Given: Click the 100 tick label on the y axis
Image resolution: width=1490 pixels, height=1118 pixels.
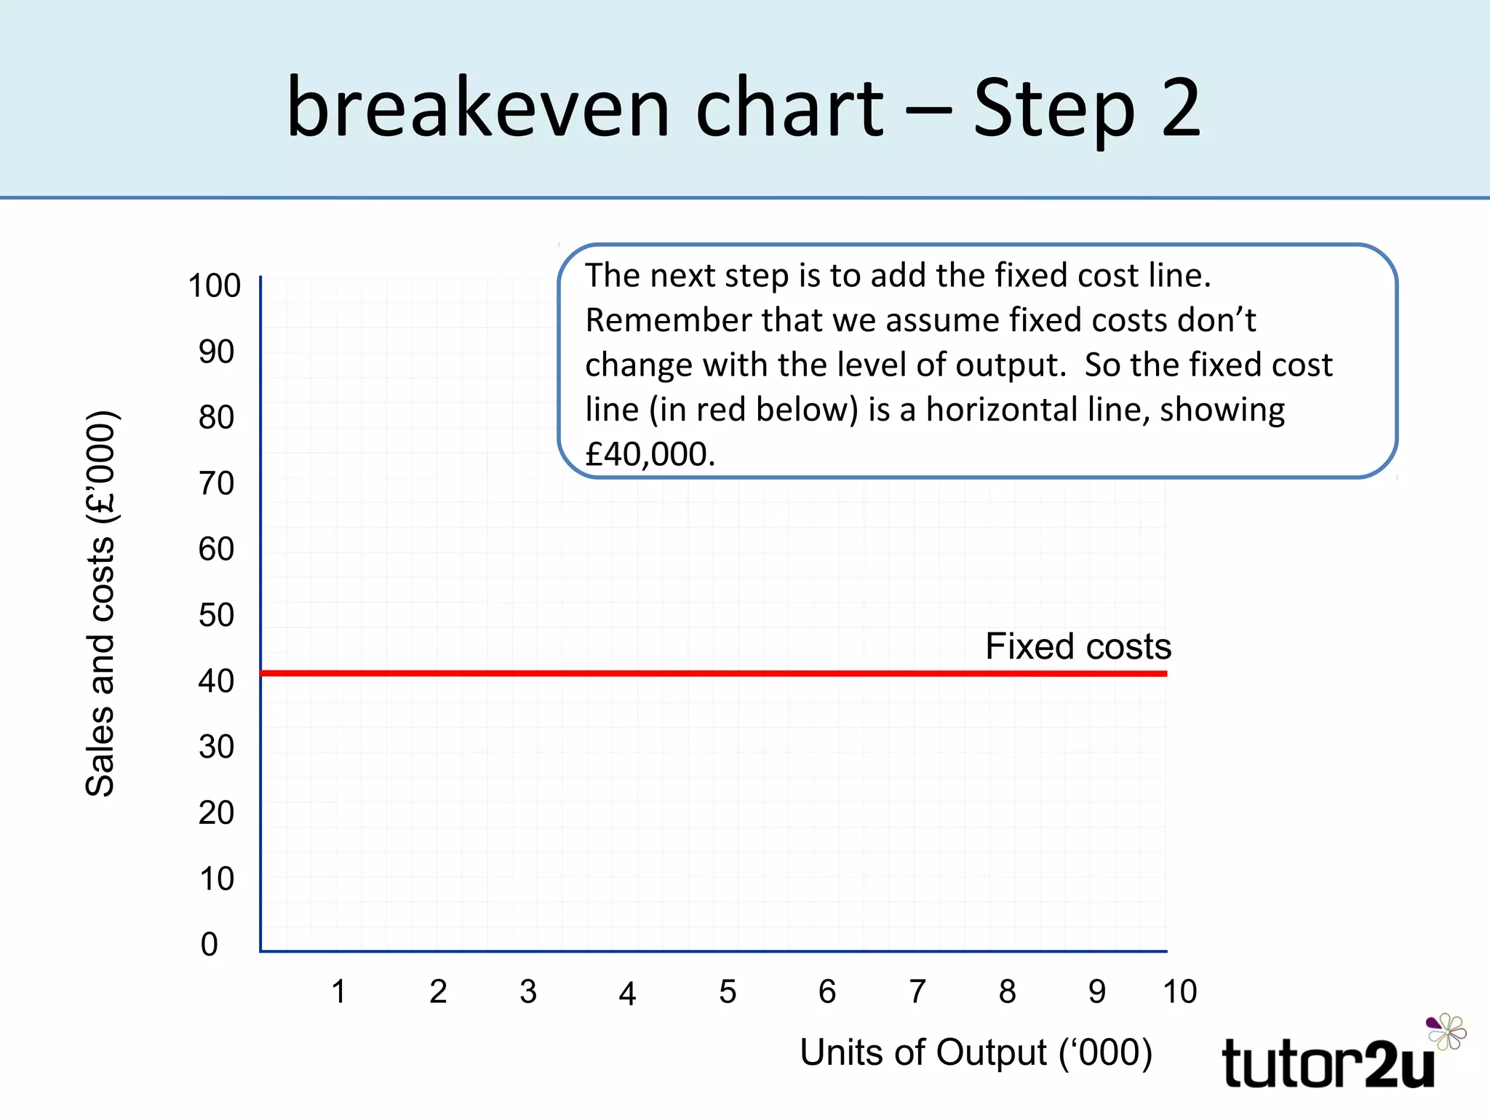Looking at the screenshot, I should [x=214, y=285].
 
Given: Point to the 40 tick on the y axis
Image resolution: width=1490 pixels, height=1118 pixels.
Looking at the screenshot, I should [x=216, y=681].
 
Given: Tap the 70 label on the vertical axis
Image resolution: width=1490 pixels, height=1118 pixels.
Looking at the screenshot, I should [x=216, y=483].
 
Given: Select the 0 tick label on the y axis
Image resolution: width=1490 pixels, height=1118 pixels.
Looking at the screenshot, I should [x=210, y=944].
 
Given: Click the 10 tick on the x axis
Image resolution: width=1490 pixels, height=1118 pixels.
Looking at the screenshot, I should [x=1179, y=991].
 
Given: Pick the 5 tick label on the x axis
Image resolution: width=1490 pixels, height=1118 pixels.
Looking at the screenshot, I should [x=728, y=991].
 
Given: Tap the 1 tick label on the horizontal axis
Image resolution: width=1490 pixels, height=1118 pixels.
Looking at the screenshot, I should [x=338, y=991].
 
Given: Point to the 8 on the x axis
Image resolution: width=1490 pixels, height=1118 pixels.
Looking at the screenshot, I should [x=1007, y=991].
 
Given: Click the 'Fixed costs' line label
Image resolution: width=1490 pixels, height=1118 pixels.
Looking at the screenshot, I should [x=1078, y=646].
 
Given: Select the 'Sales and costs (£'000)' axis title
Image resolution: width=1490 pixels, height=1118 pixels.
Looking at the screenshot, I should [x=100, y=604].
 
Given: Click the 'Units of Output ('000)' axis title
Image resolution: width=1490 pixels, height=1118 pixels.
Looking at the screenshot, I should [x=976, y=1052].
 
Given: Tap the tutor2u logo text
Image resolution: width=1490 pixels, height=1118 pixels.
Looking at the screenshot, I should [x=1328, y=1064].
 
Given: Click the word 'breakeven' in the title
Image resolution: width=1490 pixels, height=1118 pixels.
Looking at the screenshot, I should [x=477, y=108].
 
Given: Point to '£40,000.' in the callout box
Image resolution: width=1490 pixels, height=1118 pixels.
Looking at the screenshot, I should [x=650, y=454].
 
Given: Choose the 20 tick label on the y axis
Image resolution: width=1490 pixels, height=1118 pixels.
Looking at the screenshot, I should [x=216, y=812].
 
